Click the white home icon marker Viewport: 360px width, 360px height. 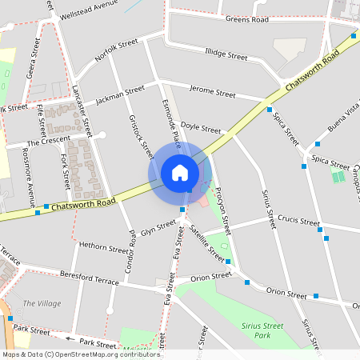tap(180, 173)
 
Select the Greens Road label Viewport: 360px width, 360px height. tap(246, 18)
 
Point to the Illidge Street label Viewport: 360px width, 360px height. tap(226, 55)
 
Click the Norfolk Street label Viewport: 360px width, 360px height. tap(117, 50)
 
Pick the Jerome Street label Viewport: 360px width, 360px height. tap(212, 94)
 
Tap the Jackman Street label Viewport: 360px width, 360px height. tap(120, 95)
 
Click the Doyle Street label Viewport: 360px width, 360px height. tap(200, 128)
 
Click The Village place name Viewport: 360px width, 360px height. tap(42, 303)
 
